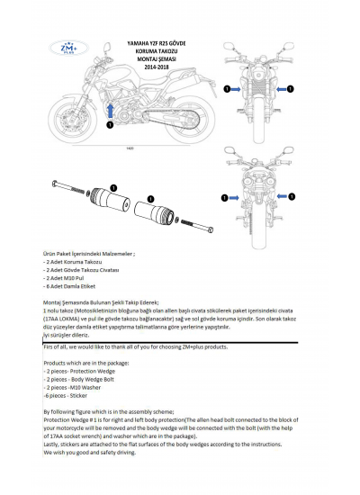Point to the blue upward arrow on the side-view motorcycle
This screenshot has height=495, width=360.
click(x=110, y=110)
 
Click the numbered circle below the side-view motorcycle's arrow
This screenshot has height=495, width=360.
click(x=110, y=125)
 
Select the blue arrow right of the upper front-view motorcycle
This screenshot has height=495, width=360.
click(x=286, y=89)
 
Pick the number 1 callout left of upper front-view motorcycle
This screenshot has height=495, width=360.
click(x=228, y=89)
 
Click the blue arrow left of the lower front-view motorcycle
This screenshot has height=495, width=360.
click(x=237, y=193)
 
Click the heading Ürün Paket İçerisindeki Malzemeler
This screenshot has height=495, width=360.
click(x=89, y=256)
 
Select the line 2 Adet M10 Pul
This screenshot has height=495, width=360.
click(x=67, y=278)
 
